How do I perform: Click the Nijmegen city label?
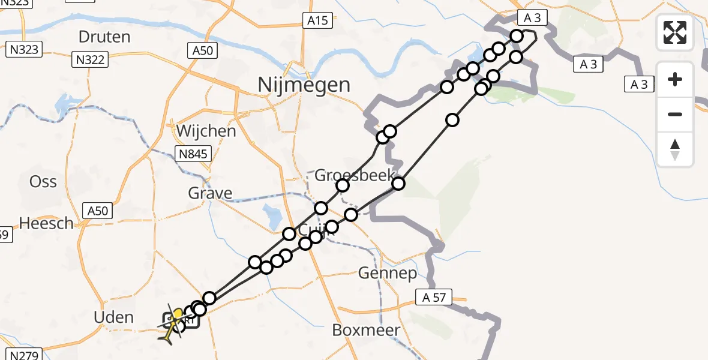pyautogui.click(x=304, y=85)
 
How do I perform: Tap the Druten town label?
pyautogui.click(x=104, y=37)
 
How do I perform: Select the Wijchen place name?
pyautogui.click(x=206, y=131)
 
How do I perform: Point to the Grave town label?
pyautogui.click(x=210, y=193)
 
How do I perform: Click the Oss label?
pyautogui.click(x=43, y=182)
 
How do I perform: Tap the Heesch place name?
pyautogui.click(x=46, y=223)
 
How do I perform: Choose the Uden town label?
pyautogui.click(x=113, y=317)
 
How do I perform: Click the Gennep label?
pyautogui.click(x=388, y=274)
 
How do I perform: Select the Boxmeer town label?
pyautogui.click(x=362, y=331)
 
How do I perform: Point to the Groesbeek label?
pyautogui.click(x=355, y=176)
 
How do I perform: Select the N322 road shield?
pyautogui.click(x=91, y=59)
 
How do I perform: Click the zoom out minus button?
pyautogui.click(x=675, y=114)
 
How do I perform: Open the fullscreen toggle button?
pyautogui.click(x=675, y=32)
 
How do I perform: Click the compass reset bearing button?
pyautogui.click(x=675, y=149)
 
